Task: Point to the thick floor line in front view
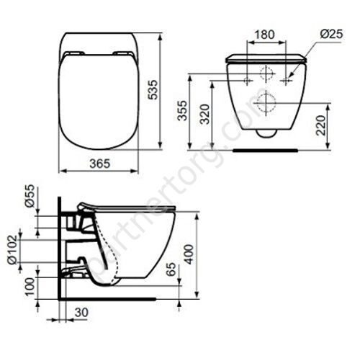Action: tap(266, 150)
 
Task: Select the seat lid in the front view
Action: tap(267, 58)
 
